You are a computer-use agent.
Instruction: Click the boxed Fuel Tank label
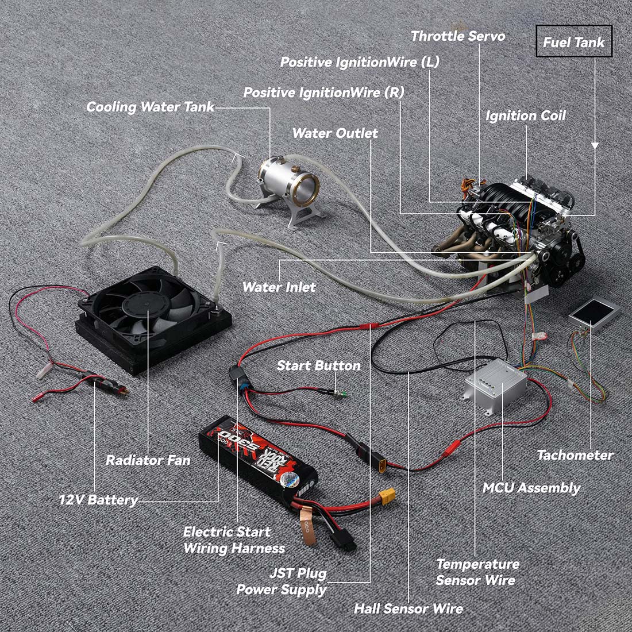point(573,41)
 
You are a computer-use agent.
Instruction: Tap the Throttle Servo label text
point(458,36)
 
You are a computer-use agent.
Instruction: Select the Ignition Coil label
point(526,116)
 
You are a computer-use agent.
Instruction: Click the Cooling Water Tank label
point(151,107)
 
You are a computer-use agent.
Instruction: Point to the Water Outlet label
point(335,133)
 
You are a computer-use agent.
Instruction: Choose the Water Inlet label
point(279,287)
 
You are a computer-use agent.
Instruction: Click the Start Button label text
point(318,365)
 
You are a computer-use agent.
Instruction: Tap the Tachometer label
point(575,456)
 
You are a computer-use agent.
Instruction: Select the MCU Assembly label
point(531,488)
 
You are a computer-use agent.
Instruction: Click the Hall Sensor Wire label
point(409,608)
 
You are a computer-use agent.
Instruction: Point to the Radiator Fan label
point(148,460)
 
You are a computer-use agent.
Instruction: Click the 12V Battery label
point(98,500)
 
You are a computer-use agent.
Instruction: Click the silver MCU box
point(495,384)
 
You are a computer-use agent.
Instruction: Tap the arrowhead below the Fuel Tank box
point(595,146)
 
